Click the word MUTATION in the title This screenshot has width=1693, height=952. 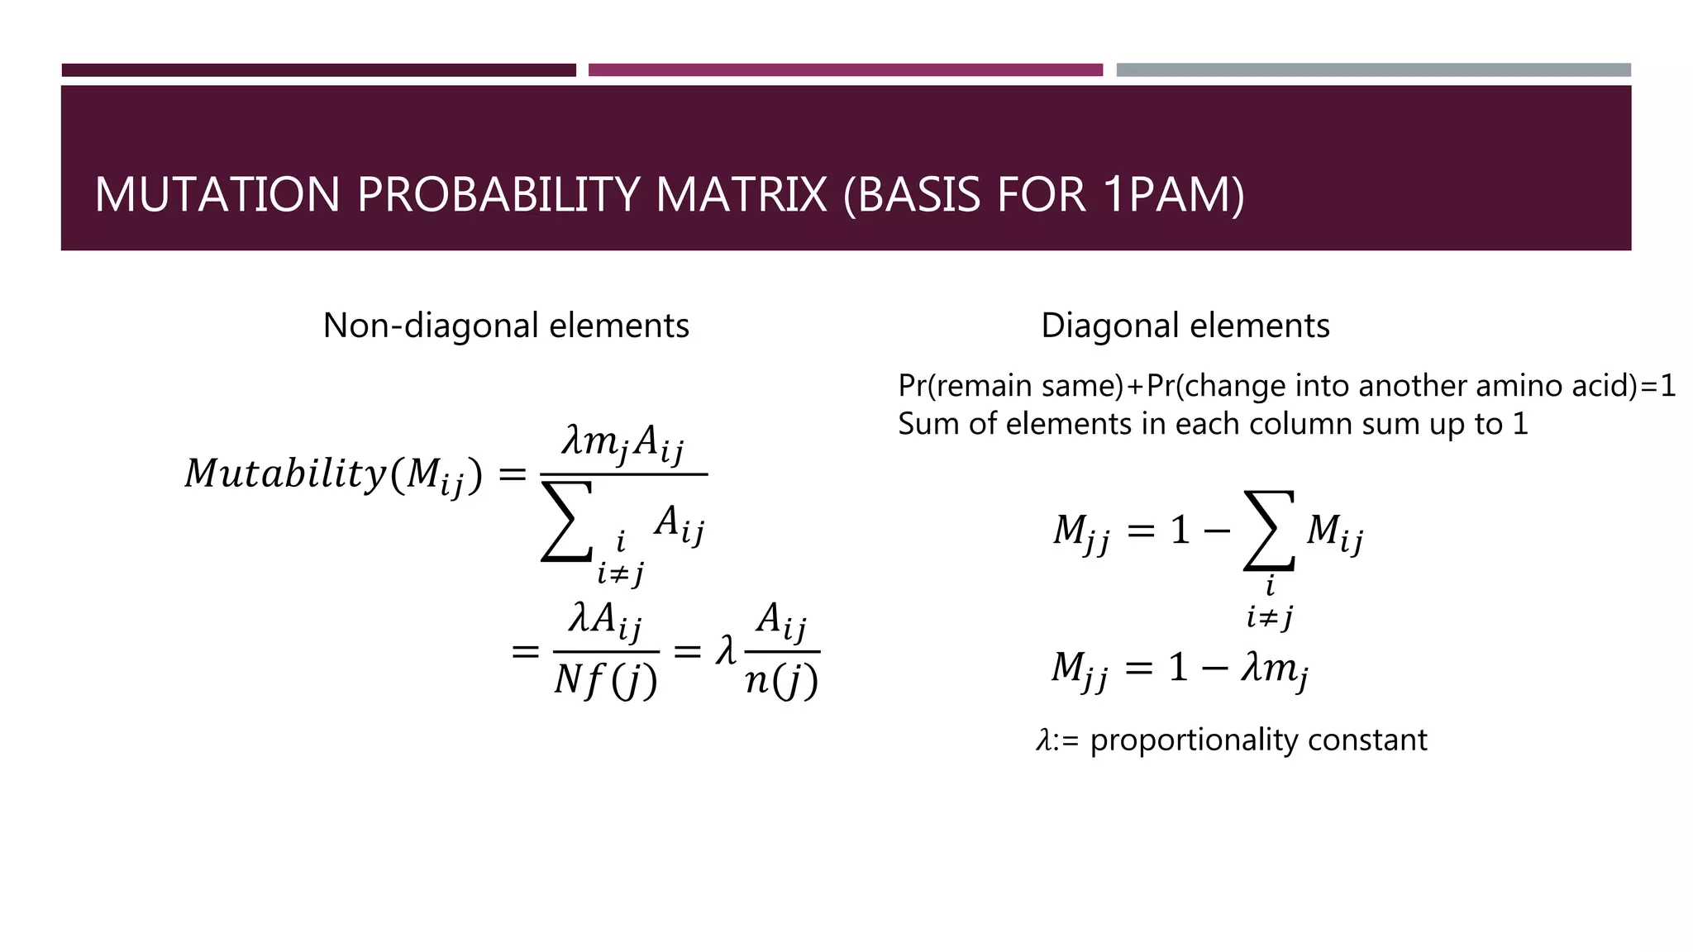(x=217, y=195)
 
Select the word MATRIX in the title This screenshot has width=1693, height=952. (x=742, y=195)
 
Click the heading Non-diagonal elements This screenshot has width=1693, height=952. (x=506, y=326)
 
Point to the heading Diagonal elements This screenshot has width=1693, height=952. (x=1185, y=326)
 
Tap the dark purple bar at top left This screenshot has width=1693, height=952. (x=318, y=70)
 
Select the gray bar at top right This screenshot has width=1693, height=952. (x=1373, y=70)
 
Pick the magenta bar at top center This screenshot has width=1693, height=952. (x=845, y=70)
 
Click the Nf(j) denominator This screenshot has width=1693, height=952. (x=606, y=682)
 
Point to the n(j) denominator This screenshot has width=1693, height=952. (x=781, y=682)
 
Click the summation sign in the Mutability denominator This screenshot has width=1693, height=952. (x=566, y=522)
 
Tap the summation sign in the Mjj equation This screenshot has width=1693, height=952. (x=1269, y=531)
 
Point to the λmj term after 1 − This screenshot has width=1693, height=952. (x=1274, y=668)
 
